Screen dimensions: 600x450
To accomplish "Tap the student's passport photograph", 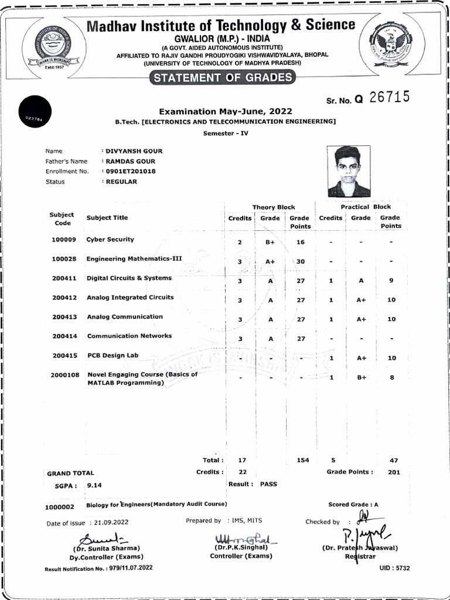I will click(349, 171).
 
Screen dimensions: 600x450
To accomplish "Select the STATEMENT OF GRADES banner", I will click(221, 78).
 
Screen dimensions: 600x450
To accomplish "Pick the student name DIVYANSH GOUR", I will click(134, 151).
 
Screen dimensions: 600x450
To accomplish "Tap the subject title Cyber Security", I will click(110, 240).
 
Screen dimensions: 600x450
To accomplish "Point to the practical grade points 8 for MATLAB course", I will click(391, 378).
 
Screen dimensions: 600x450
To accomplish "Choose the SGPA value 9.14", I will click(94, 485).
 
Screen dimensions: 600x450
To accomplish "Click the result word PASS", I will click(268, 484).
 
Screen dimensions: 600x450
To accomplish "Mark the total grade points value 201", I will click(394, 472).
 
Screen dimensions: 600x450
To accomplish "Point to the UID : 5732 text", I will click(394, 568).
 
